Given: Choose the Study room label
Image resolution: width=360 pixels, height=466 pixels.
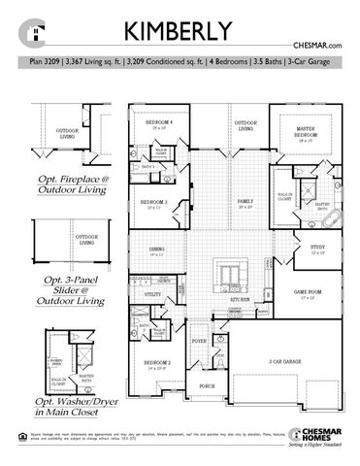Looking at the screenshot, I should click(x=317, y=247).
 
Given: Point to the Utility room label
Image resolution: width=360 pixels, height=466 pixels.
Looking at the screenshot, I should click(x=151, y=293).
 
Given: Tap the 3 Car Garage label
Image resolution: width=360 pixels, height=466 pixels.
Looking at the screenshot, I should click(x=283, y=361).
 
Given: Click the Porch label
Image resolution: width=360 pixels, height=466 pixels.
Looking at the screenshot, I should click(x=207, y=385).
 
